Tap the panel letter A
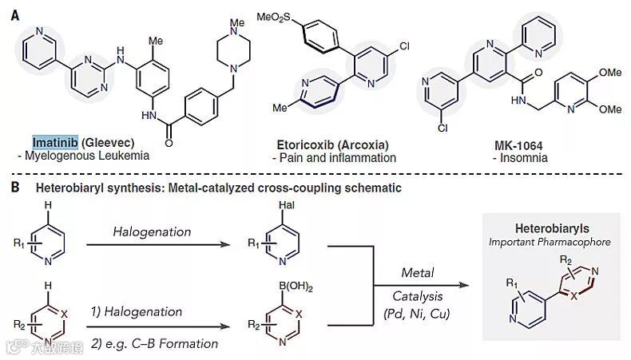click(14, 14)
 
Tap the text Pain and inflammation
click(333, 157)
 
